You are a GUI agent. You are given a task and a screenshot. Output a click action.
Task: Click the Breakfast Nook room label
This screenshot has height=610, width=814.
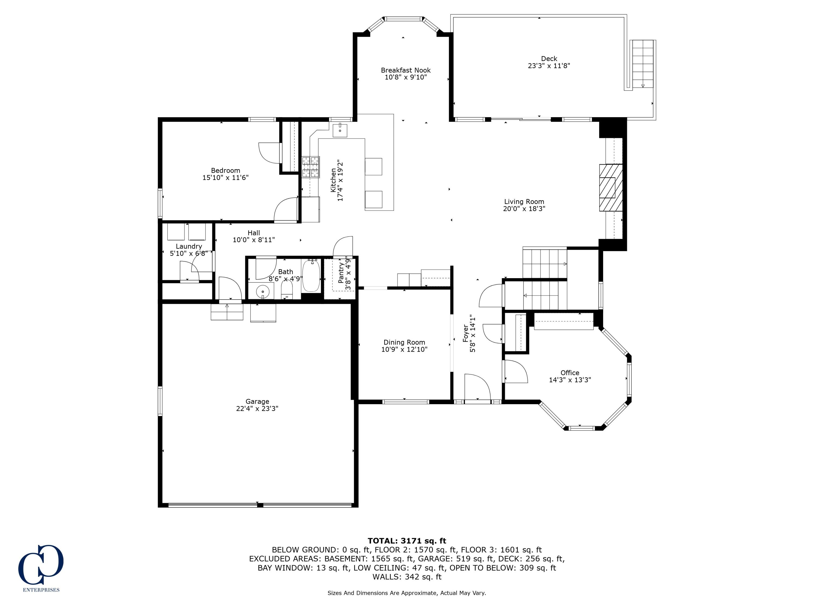[406, 70]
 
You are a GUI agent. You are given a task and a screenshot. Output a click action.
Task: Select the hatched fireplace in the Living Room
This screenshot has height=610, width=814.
[610, 188]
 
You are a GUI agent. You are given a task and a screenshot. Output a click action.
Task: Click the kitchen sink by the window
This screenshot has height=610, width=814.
[340, 130]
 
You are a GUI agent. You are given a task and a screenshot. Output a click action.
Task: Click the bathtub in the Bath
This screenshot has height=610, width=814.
[311, 275]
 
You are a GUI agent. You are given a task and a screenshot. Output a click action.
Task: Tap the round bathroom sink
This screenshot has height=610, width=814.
[263, 291]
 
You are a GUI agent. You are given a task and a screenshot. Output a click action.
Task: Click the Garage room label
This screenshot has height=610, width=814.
[257, 402]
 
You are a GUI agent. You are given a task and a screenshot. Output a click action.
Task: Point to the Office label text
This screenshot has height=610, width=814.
[570, 373]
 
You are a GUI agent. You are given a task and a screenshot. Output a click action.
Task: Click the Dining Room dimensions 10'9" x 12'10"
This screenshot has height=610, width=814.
[404, 349]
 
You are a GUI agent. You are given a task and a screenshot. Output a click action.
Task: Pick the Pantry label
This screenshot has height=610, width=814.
[341, 273]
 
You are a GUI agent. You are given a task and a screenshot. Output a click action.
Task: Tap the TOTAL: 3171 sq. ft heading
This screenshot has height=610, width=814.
[407, 541]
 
